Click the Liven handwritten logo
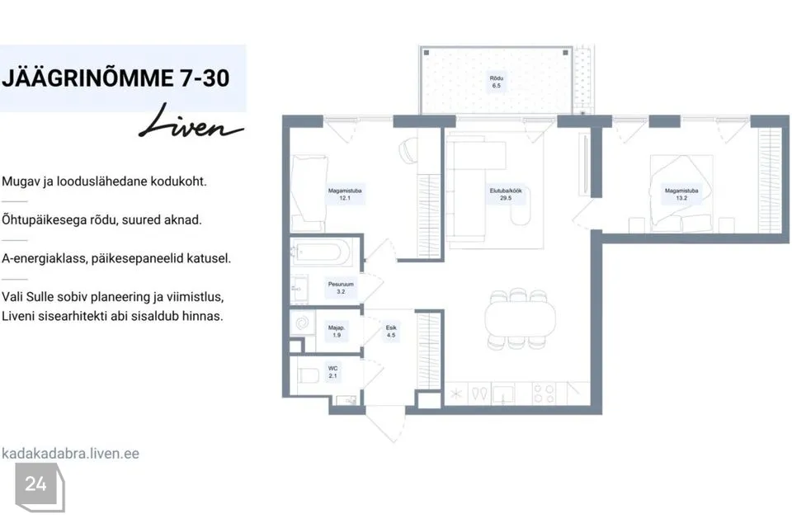191,123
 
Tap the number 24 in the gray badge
35,484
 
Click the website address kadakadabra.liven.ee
70,453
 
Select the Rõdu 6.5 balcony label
497,82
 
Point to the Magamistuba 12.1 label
345,194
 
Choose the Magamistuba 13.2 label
681,194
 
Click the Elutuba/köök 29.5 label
506,194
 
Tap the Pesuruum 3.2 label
341,287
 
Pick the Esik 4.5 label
391,331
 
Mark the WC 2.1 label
332,372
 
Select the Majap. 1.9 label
337,331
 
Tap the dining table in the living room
520,318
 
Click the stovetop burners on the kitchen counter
544,394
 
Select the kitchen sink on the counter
503,394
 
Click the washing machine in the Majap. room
303,323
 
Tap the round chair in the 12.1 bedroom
408,151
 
